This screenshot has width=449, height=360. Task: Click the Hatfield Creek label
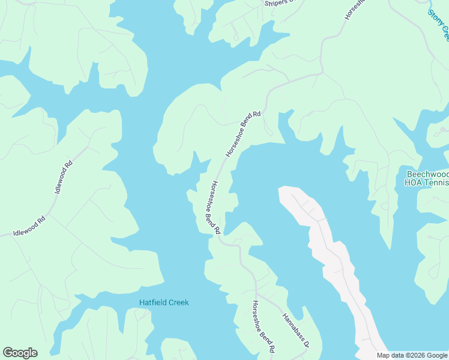tap(164, 302)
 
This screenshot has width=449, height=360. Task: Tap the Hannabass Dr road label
tap(295, 331)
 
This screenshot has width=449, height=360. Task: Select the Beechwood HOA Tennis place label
tap(426, 178)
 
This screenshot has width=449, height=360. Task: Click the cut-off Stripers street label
tap(281, 3)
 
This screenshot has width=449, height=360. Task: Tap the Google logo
tap(20, 353)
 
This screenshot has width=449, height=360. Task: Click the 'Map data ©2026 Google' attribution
tap(412, 355)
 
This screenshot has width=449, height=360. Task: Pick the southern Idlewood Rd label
tap(29, 226)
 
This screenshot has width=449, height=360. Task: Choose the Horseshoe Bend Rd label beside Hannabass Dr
tap(264, 326)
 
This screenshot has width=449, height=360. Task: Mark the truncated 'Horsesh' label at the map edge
tap(354, 9)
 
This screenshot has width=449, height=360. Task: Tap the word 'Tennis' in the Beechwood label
tap(436, 182)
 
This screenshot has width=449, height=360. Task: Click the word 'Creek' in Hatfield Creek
tap(178, 302)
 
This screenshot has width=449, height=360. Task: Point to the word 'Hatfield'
tap(152, 302)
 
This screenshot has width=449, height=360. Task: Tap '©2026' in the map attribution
tap(413, 355)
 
